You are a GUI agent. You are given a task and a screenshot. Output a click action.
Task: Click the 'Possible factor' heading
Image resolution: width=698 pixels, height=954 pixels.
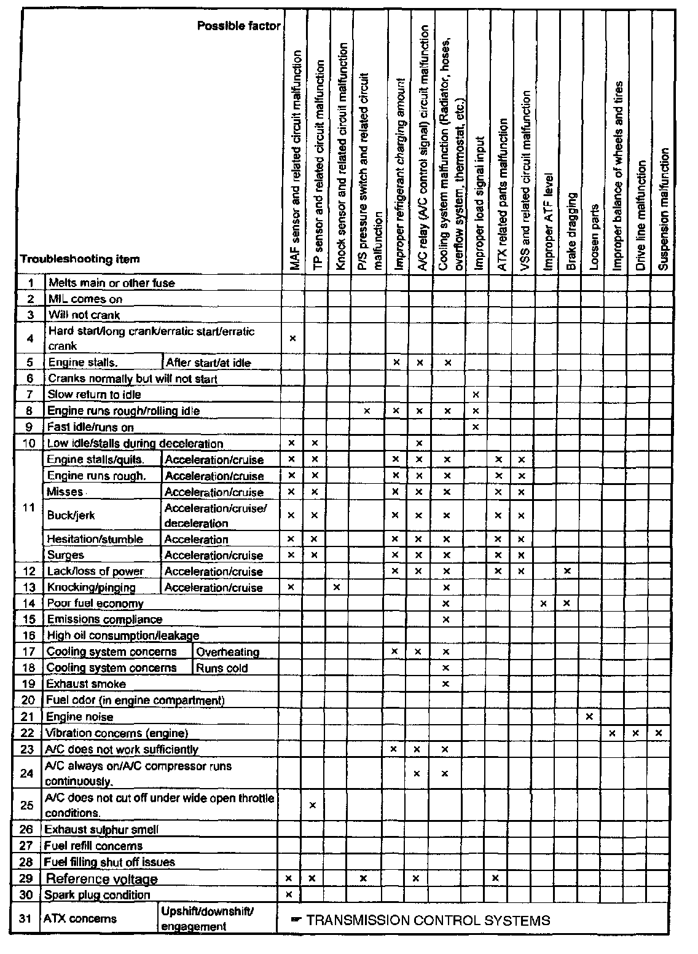coord(239,26)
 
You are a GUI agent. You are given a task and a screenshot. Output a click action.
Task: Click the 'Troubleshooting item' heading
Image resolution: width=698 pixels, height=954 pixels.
coord(80,259)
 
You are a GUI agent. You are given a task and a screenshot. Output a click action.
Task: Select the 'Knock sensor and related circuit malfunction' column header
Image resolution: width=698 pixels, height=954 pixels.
coord(340,157)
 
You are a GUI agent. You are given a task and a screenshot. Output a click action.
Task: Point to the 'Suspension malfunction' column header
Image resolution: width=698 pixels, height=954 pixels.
coord(662,209)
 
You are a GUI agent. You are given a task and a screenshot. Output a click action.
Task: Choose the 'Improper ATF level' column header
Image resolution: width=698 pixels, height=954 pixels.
coord(548,222)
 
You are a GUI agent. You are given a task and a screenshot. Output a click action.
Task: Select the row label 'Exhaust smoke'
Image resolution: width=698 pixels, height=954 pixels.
coord(86,684)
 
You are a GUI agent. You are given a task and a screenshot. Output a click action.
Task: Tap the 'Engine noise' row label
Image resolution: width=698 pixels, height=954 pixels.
coord(80,717)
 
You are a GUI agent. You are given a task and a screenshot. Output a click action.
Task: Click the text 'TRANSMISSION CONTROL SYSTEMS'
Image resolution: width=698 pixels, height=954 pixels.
coord(428,920)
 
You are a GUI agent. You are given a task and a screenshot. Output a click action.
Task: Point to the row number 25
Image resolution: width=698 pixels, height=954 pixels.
coord(26,805)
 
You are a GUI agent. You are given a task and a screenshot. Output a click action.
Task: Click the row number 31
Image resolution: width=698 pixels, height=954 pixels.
coord(25,919)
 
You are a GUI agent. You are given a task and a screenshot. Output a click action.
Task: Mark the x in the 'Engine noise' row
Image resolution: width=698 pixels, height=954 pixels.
coord(589,717)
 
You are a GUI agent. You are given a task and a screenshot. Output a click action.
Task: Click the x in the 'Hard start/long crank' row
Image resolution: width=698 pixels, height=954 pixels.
coord(292,338)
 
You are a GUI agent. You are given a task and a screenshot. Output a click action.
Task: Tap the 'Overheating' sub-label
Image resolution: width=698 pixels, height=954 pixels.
coord(227,652)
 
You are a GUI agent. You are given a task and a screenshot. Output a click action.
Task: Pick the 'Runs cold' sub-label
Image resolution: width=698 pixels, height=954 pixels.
coord(222,668)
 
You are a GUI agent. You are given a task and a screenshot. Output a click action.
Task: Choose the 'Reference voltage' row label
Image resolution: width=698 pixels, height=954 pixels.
coord(102,879)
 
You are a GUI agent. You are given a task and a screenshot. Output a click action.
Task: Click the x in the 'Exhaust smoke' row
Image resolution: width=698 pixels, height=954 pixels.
coord(446,684)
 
